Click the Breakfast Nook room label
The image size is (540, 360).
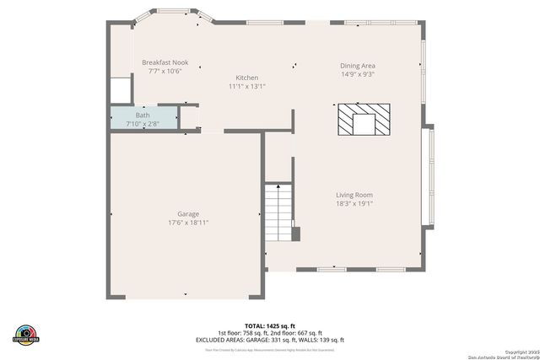[x=165, y=63]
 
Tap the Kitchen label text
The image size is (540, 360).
[x=247, y=78]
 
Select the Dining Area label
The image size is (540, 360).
[x=358, y=66]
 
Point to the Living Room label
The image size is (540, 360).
[x=354, y=195]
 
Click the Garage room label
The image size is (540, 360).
[x=188, y=214]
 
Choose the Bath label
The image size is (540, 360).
[x=143, y=115]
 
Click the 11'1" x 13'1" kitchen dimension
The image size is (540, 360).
[x=247, y=86]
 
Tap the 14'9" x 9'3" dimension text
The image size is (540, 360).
[x=358, y=74]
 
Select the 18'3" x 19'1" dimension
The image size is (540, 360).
[x=354, y=203]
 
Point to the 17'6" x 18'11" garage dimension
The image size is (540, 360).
[x=188, y=223]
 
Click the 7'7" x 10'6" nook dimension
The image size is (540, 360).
[x=165, y=72]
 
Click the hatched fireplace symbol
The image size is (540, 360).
[x=364, y=120]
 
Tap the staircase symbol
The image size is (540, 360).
[x=277, y=214]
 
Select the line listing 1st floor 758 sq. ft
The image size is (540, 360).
[x=270, y=332]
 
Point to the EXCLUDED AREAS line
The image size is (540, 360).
[x=270, y=339]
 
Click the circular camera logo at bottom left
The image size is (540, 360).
[x=25, y=334]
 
